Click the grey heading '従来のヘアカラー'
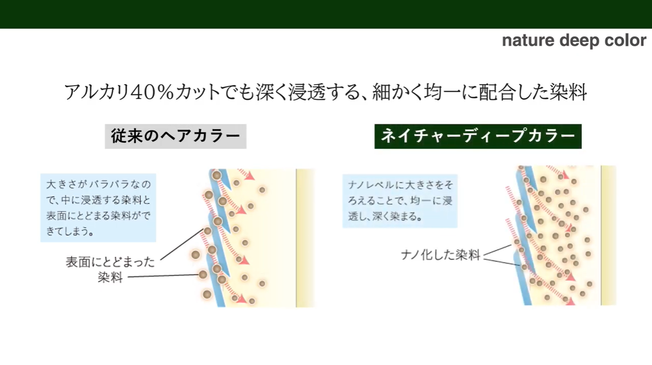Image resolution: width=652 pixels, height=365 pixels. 176,136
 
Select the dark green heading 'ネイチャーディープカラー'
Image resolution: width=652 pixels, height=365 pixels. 478,136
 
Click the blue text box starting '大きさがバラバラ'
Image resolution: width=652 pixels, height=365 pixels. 98,207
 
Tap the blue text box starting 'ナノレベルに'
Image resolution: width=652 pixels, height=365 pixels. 399,201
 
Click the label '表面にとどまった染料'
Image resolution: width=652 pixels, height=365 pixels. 110,270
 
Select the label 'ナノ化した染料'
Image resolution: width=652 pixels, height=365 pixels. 440,254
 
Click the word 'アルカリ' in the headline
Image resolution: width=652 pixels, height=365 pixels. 97,92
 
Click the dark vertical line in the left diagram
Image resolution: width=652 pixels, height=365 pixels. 296,238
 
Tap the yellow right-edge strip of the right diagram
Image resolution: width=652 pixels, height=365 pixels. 608,235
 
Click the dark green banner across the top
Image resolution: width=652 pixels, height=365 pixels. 326,14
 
